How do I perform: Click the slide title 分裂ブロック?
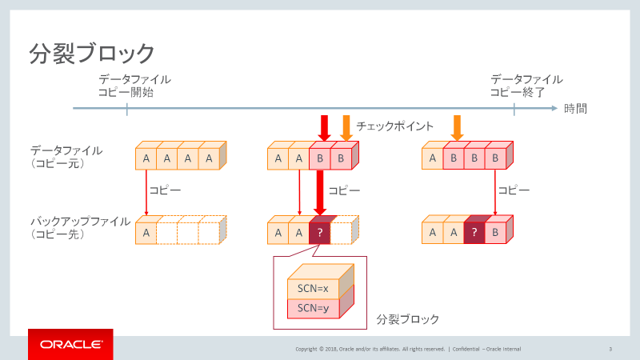(92, 54)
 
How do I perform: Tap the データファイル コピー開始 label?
(134, 86)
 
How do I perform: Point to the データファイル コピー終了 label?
(526, 86)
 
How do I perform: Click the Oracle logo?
(70, 345)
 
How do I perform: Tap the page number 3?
(610, 349)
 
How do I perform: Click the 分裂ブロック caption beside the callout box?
(407, 319)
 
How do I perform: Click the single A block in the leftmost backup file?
(146, 233)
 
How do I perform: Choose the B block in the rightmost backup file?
(494, 233)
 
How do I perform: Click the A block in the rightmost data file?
(432, 158)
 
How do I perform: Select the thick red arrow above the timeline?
(325, 127)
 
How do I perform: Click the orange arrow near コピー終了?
(457, 126)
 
